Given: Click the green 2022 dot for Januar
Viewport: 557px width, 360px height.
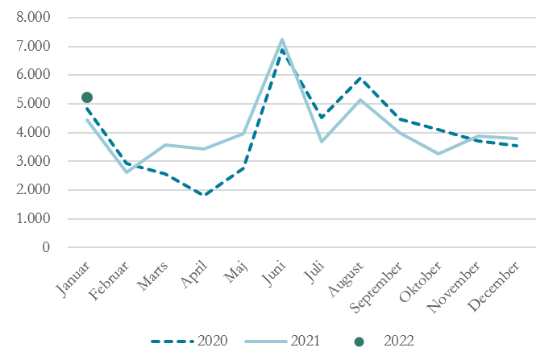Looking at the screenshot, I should pyautogui.click(x=87, y=97).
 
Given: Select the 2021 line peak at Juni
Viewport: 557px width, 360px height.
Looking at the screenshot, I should pyautogui.click(x=282, y=39).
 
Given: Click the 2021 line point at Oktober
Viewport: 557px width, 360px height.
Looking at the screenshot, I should pyautogui.click(x=438, y=154).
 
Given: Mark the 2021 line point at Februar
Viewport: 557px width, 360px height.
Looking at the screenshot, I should pyautogui.click(x=126, y=172).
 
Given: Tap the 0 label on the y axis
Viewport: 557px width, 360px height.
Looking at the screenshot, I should pyautogui.click(x=45, y=247).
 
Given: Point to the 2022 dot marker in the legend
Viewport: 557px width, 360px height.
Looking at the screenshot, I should pyautogui.click(x=359, y=341).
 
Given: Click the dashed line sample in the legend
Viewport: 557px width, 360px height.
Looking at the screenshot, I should pyautogui.click(x=172, y=341).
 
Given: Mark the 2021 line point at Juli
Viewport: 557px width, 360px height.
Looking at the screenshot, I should pyautogui.click(x=321, y=142).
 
